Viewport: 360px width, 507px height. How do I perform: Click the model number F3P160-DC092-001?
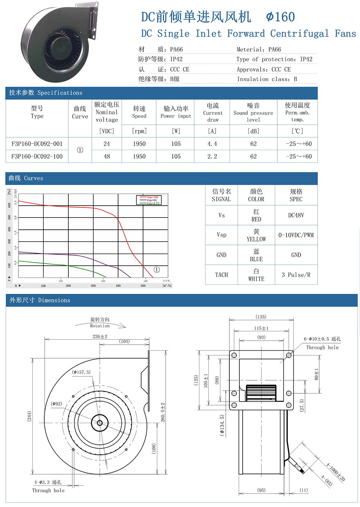pyautogui.click(x=37, y=144)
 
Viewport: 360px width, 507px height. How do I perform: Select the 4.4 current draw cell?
pyautogui.click(x=212, y=144)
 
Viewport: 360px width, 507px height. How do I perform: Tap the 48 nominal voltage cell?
pyautogui.click(x=107, y=156)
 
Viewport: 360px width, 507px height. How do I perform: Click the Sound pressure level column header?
pyautogui.click(x=253, y=113)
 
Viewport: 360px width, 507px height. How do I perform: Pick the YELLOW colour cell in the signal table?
pyautogui.click(x=256, y=235)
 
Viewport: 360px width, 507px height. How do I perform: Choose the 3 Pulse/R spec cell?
pyautogui.click(x=296, y=275)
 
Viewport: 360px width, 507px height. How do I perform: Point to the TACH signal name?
pyautogui.click(x=221, y=275)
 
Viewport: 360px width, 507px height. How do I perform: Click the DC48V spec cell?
pyautogui.click(x=296, y=215)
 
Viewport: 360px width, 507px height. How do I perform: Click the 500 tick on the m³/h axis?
pyautogui.click(x=143, y=286)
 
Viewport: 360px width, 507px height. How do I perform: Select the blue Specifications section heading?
pyautogui.click(x=46, y=93)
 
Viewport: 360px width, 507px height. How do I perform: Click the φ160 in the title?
pyautogui.click(x=280, y=17)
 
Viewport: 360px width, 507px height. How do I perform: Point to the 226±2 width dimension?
pyautogui.click(x=100, y=336)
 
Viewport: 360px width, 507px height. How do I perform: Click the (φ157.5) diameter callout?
pyautogui.click(x=81, y=372)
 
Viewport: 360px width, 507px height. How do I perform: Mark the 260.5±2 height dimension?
pyautogui.click(x=163, y=412)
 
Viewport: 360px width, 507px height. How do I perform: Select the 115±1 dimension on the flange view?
pyautogui.click(x=261, y=328)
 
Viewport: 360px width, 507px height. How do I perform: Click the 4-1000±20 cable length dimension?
pyautogui.click(x=336, y=472)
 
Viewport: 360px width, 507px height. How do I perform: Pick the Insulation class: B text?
pyautogui.click(x=267, y=79)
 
